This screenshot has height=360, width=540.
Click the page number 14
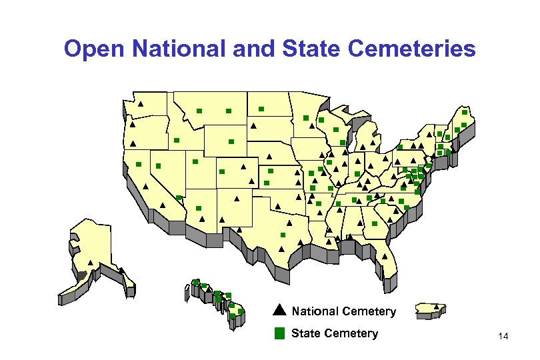[x=503, y=339]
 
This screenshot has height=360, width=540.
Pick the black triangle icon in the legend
[x=279, y=310]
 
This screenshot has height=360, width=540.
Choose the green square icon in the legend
[x=279, y=333]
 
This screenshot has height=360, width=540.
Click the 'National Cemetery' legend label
[x=343, y=311]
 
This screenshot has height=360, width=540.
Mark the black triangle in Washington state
[x=141, y=104]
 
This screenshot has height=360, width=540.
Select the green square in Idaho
[x=176, y=140]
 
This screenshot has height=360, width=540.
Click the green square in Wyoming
[x=231, y=141]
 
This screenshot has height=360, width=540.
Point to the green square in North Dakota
[x=261, y=108]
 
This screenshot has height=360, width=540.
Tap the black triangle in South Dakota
[x=253, y=125]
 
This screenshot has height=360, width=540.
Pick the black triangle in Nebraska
[x=269, y=157]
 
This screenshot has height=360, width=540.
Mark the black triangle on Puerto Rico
[x=436, y=306]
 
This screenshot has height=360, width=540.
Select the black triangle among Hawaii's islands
[x=196, y=281]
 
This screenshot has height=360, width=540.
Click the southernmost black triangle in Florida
[x=387, y=255]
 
